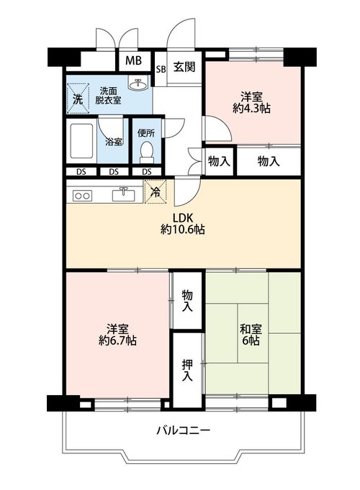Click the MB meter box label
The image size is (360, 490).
[x=133, y=60]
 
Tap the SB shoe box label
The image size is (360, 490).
[x=161, y=69]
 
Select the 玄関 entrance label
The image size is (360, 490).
[x=184, y=67]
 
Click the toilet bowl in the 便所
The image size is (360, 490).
[x=146, y=153]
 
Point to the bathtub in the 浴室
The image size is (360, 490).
[x=81, y=141]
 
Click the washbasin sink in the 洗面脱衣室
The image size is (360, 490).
[x=138, y=83]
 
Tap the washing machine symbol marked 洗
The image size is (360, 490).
[x=78, y=98]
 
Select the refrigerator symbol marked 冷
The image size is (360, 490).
[x=155, y=191]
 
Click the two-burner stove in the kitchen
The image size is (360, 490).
[x=83, y=196]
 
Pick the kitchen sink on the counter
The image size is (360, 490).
[x=124, y=194]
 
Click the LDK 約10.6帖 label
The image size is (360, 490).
[x=183, y=224]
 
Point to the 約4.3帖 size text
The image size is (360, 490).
[x=251, y=109]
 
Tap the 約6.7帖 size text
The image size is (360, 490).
[x=117, y=340]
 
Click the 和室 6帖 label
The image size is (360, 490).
[x=251, y=334]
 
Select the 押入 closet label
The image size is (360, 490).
[x=187, y=371]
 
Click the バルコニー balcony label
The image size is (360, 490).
[x=184, y=431]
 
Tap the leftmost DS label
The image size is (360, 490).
[x=81, y=171]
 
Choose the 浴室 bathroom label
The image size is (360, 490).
[x=114, y=142]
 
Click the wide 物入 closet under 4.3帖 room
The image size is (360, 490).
[x=269, y=161]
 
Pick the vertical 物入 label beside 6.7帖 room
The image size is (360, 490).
[x=187, y=301]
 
